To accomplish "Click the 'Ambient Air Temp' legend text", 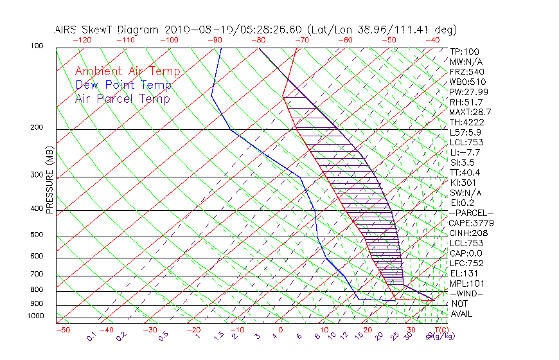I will pos(127,71).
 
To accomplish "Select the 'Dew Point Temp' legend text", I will pos(123,85).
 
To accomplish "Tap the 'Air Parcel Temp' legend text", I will pos(123,98).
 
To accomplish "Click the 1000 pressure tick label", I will pos(36,316).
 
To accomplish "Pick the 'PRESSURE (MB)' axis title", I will pos(49,180).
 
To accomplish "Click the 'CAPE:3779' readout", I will pos(471,223).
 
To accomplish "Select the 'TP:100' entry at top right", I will pos(465,52).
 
